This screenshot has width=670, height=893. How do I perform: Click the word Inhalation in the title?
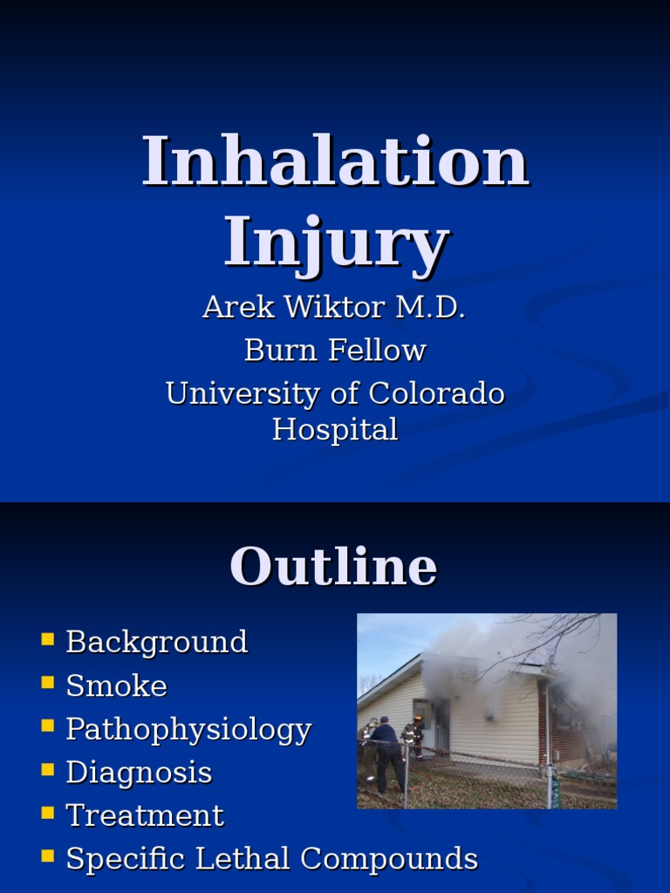coord(335,161)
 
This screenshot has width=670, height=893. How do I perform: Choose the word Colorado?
coord(436,393)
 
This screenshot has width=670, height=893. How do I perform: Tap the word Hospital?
coord(335,429)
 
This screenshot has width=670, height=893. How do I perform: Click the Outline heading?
coord(333,567)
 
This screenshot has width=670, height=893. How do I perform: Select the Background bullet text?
coord(157,643)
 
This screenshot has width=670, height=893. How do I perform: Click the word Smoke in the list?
coord(116,686)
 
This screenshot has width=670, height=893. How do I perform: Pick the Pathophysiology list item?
coord(188,730)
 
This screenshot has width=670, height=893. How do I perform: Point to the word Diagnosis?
coord(139,773)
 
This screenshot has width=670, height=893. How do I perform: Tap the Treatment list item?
coord(145,816)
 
